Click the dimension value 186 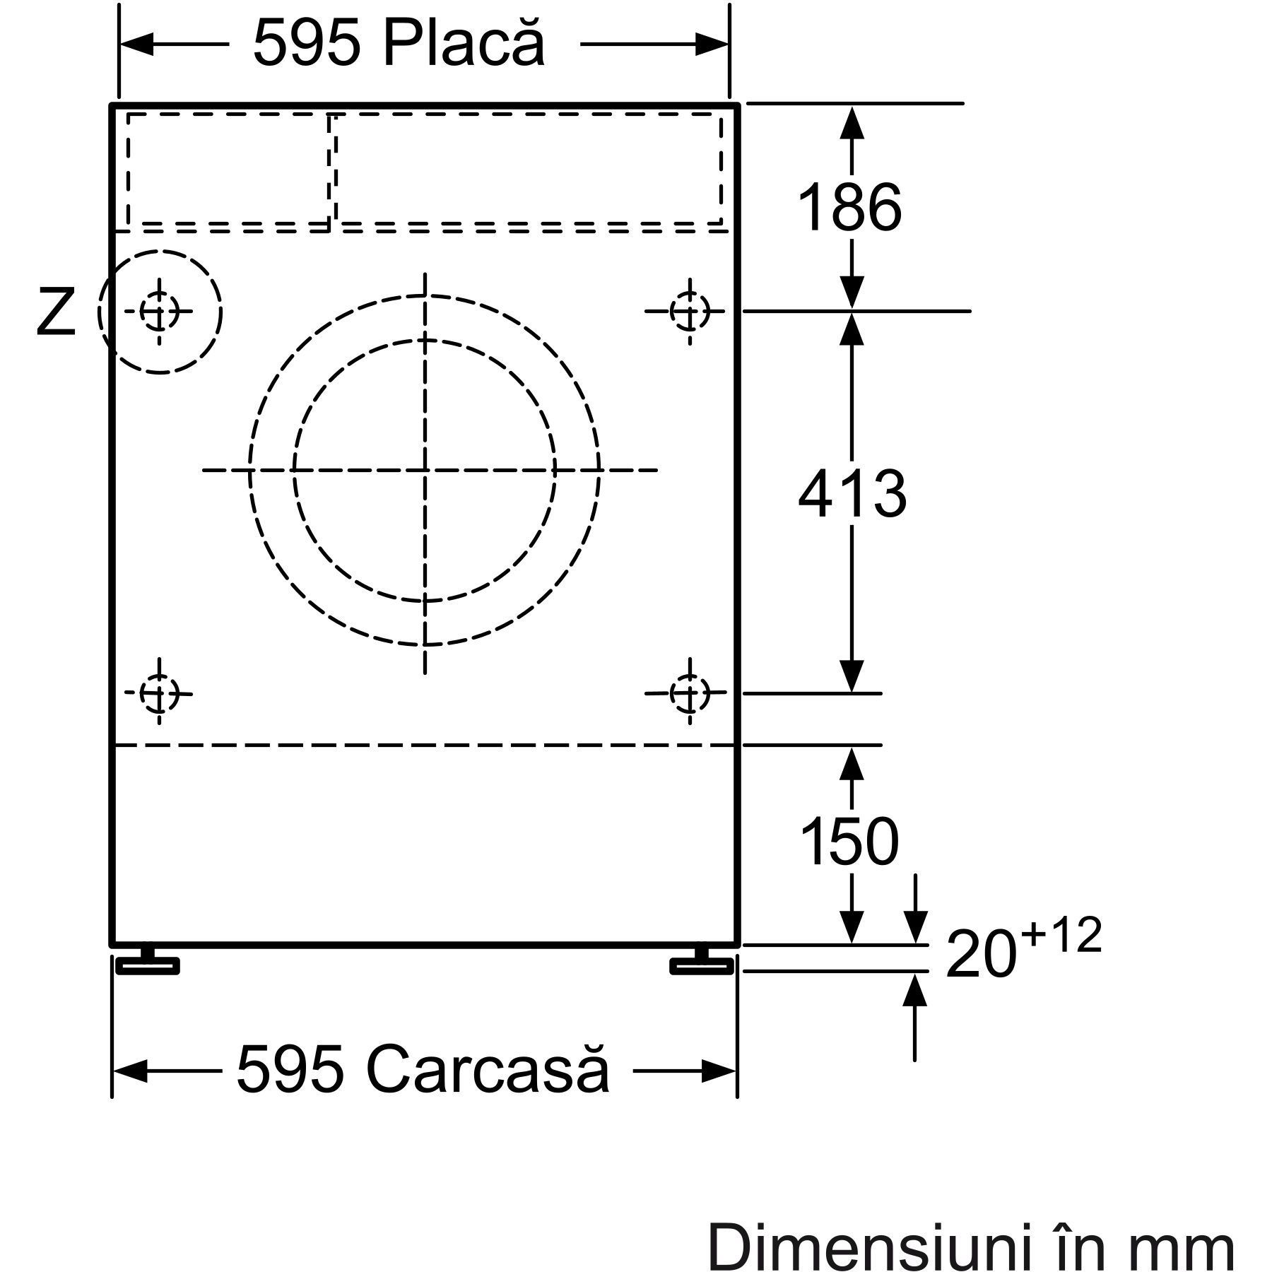[849, 207]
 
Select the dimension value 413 [852, 494]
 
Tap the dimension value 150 [849, 841]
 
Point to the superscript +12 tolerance [1061, 936]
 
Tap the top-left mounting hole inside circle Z [159, 311]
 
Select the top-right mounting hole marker [689, 310]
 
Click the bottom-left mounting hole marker [159, 693]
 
